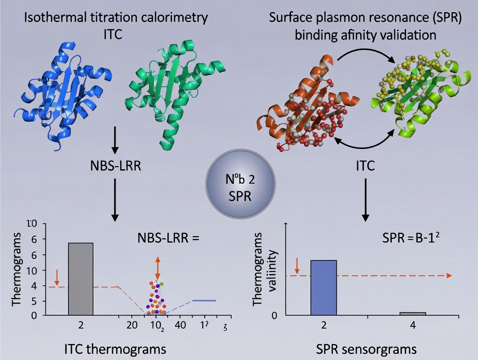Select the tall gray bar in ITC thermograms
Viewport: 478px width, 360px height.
click(81, 279)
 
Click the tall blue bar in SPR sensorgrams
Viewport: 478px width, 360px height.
click(323, 288)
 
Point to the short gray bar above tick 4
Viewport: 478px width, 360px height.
click(412, 313)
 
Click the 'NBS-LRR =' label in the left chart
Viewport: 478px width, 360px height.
click(168, 238)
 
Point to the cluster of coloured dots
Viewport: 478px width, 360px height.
click(156, 299)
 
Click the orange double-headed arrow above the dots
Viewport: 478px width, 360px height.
click(157, 267)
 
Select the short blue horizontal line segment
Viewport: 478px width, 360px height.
click(204, 300)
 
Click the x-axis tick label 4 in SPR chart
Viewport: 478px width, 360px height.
click(412, 325)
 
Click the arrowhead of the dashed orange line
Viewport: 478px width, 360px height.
click(449, 276)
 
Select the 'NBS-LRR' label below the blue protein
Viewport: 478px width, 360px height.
click(115, 166)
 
